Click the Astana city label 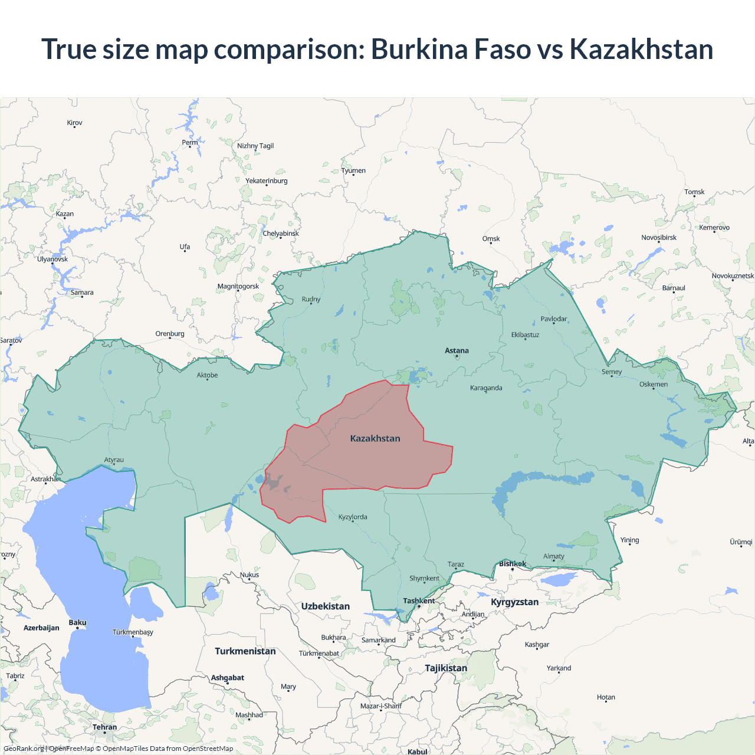click(x=457, y=350)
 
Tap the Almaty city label click(x=553, y=556)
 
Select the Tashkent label click(x=419, y=601)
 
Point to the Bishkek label click(x=513, y=564)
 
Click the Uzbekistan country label click(x=325, y=606)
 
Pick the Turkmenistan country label click(x=245, y=651)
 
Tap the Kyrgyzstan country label click(x=514, y=602)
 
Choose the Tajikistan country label click(x=446, y=668)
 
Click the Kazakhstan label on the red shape click(x=375, y=438)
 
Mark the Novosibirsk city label click(x=659, y=238)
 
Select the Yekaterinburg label click(x=267, y=181)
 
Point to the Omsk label click(x=491, y=239)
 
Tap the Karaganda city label click(x=486, y=388)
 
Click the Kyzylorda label click(x=353, y=517)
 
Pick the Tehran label click(x=104, y=727)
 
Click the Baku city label click(x=77, y=623)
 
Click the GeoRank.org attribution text click(x=24, y=749)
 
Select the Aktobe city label click(x=207, y=375)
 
